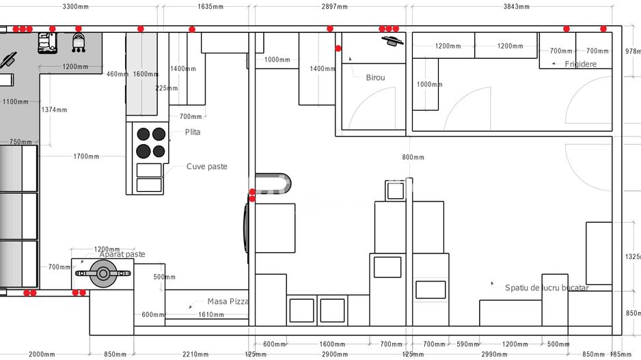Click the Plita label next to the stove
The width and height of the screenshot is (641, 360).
[193, 132]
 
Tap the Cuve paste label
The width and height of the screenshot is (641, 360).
[206, 167]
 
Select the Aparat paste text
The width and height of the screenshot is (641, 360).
[122, 255]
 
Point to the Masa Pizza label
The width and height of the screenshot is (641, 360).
[228, 301]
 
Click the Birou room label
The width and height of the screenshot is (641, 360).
[375, 78]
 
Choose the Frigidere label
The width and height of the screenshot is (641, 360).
[580, 64]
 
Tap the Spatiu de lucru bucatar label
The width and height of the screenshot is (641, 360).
[546, 288]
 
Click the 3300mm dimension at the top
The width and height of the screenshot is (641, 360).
[79, 7]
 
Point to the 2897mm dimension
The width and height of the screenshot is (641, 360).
[334, 7]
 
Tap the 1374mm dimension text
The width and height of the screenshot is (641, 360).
[54, 110]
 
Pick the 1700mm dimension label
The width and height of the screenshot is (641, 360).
[86, 156]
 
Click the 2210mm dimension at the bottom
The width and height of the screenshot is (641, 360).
[195, 354]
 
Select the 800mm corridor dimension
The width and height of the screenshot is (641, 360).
[413, 157]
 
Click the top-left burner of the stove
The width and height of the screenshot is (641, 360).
[144, 135]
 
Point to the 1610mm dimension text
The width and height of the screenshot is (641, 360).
[210, 315]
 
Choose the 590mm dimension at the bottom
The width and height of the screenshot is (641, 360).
[468, 344]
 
